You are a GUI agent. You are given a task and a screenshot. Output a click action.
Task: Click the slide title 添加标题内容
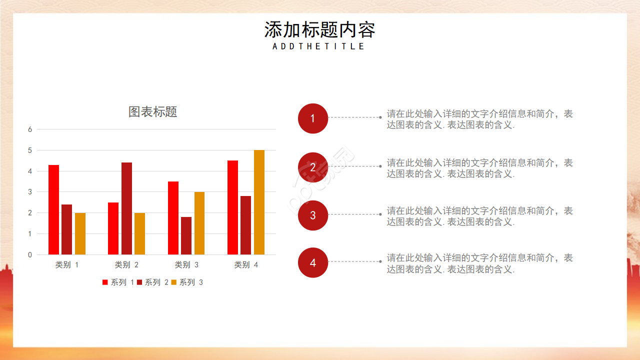point(319,30)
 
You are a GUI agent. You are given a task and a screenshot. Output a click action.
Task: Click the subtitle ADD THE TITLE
point(319,46)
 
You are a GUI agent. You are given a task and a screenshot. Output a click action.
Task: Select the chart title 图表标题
point(153,112)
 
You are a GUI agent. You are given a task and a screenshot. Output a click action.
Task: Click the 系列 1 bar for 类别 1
point(53,210)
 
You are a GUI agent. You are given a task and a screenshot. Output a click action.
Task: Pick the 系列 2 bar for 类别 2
point(126,208)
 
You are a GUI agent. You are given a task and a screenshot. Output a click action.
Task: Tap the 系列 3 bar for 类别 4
point(259,202)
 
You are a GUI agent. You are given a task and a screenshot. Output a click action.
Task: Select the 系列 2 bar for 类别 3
point(186,235)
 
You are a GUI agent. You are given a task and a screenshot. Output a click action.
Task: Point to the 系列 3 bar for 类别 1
point(80,233)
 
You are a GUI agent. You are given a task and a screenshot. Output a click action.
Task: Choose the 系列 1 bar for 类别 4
point(232,207)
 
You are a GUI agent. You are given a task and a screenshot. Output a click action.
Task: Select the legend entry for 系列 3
point(187,282)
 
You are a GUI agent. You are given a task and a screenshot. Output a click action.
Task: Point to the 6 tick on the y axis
point(30,129)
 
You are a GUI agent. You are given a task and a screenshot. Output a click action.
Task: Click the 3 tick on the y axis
point(30,192)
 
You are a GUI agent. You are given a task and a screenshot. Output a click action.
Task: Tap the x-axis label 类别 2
point(126,265)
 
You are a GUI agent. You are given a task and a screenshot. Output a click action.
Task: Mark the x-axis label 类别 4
point(246,265)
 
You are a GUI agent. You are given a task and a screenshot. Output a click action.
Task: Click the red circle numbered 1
point(313,118)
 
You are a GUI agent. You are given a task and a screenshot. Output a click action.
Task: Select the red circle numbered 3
point(313,215)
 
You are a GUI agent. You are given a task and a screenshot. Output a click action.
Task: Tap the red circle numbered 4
point(313,262)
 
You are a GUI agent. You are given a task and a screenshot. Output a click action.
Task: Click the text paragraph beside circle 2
point(479,168)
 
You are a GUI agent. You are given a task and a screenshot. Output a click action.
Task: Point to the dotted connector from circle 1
point(354,117)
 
